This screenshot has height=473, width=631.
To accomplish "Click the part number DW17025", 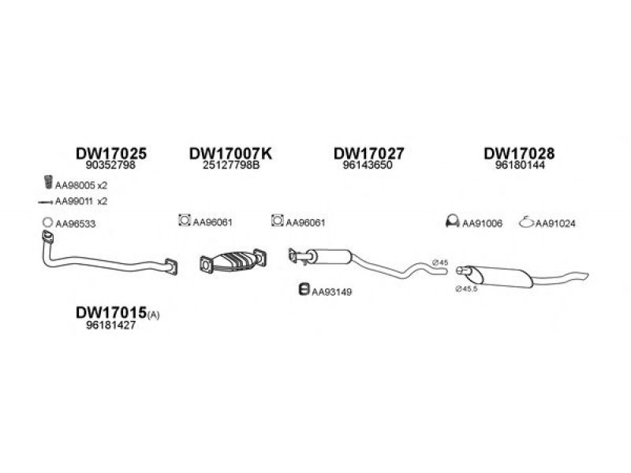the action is pos(111,153).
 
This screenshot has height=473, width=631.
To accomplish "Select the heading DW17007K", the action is pos(230,153).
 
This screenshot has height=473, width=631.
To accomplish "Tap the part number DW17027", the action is pos(368,153).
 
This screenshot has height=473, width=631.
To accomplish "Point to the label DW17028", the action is pos(519,153).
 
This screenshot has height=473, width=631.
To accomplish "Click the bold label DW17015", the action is pos(111,312).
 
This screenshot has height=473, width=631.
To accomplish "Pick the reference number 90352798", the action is pos(110,165).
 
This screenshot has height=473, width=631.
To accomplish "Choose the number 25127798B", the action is pos(231,165).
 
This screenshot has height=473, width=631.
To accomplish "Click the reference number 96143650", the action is pos(368,165).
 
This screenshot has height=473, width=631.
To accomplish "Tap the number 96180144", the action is pos(520,165).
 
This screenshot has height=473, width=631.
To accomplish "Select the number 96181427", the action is pos(110,325).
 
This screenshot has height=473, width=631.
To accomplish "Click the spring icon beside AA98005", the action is pos(48,182).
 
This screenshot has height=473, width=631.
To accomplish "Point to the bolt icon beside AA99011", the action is pos(45,203).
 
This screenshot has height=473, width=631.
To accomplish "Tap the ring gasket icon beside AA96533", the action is pos(47,222).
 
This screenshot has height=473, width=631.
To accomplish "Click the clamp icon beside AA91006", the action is pos(452,222).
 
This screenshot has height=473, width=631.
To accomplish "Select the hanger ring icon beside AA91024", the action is pos(526,222).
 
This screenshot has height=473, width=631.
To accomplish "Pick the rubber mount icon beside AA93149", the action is pos(304,289).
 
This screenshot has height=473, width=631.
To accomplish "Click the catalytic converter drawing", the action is pos(233,261).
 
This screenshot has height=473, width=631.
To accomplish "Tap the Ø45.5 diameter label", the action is pos(467,289).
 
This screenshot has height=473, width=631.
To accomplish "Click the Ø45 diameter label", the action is pos(440,263).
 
